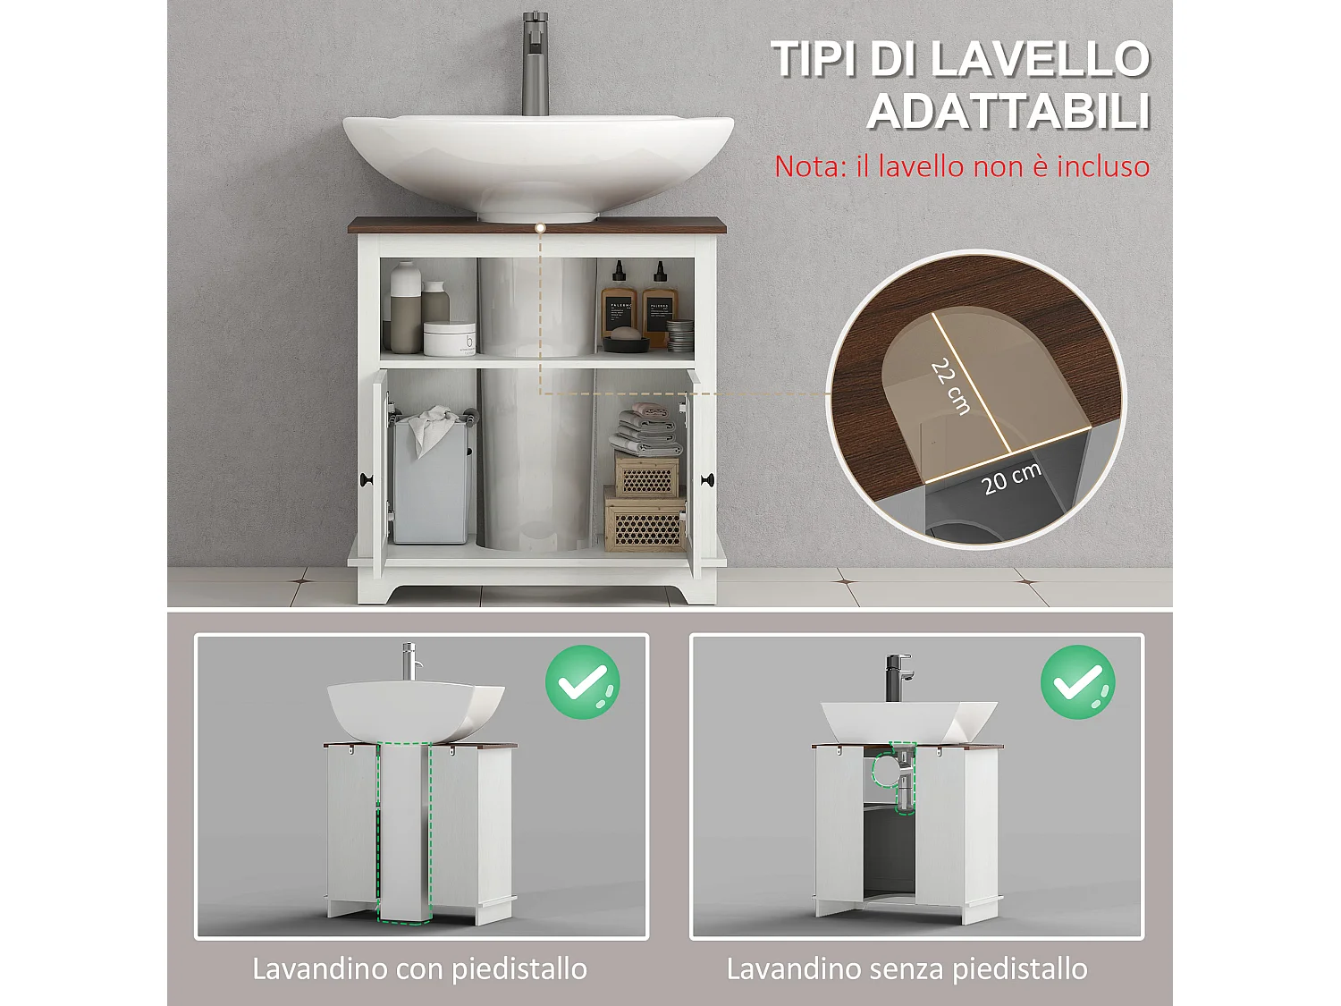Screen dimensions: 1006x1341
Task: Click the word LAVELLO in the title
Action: [1041, 60]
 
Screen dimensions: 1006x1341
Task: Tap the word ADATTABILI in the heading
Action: [1008, 113]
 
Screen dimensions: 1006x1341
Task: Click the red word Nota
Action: [808, 166]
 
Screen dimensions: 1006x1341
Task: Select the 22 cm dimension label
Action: [950, 385]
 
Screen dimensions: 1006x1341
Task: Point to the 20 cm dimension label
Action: [1011, 479]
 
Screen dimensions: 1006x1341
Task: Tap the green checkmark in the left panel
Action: [583, 681]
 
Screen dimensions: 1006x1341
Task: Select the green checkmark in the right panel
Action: [1077, 681]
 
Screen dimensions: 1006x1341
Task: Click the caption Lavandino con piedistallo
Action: [420, 968]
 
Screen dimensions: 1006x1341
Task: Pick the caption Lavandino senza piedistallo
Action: [907, 968]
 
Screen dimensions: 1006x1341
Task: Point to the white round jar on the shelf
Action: [449, 339]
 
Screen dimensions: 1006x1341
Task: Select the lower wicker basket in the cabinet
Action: [645, 521]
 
